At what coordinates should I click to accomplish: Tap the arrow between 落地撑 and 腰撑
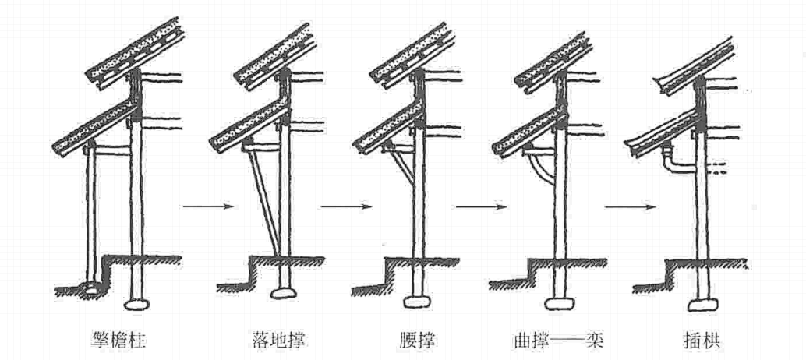tap(345, 206)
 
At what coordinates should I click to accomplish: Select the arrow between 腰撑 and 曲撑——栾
tap(481, 206)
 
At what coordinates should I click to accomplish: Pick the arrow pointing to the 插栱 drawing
tap(630, 206)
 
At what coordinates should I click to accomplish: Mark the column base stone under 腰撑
tap(419, 302)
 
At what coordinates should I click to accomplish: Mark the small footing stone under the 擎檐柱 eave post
tap(91, 292)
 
